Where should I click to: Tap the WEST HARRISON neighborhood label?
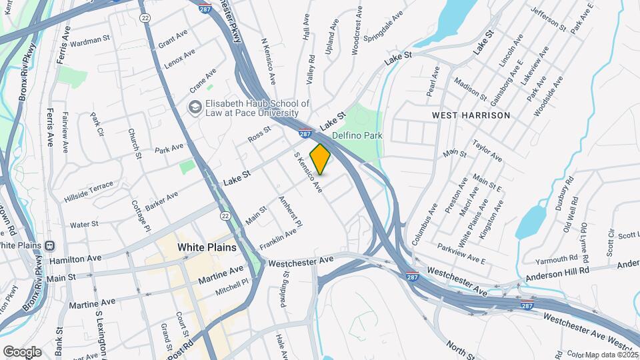pyautogui.click(x=471, y=115)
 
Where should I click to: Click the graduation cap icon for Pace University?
pyautogui.click(x=195, y=107)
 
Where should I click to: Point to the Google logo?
pyautogui.click(x=21, y=351)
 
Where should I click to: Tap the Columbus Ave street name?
pyautogui.click(x=424, y=224)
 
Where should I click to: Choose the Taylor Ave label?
pyautogui.click(x=487, y=151)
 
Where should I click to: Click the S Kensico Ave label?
pyautogui.click(x=309, y=173)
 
